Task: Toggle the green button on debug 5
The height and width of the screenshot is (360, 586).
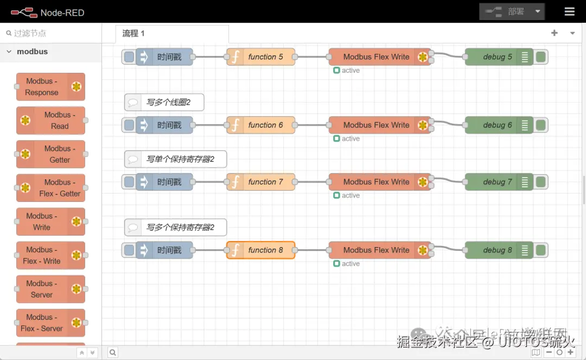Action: point(540,57)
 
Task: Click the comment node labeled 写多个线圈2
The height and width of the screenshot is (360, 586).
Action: point(164,102)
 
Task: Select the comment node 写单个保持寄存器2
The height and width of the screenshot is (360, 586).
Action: point(175,160)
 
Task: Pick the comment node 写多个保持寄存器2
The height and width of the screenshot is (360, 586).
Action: point(175,228)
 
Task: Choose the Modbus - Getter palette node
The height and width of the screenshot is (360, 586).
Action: point(50,154)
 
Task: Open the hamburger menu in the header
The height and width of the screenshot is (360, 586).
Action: point(569,11)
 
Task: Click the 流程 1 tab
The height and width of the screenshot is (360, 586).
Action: point(133,34)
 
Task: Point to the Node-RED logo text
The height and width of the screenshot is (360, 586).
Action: point(62,12)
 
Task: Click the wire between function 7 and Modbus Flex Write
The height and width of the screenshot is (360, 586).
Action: point(312,182)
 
